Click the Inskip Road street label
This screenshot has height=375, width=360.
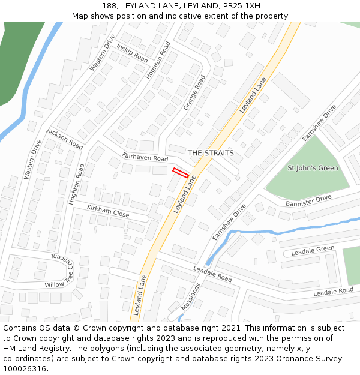click(132, 53)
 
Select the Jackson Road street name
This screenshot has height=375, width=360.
click(64, 139)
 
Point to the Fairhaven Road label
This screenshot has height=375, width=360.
click(145, 158)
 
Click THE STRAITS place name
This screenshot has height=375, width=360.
click(211, 153)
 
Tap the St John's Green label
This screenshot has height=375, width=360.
click(313, 168)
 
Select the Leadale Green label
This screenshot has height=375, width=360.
click(313, 250)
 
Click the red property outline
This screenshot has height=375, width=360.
click(181, 173)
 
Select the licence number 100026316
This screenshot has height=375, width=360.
click(25, 368)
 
